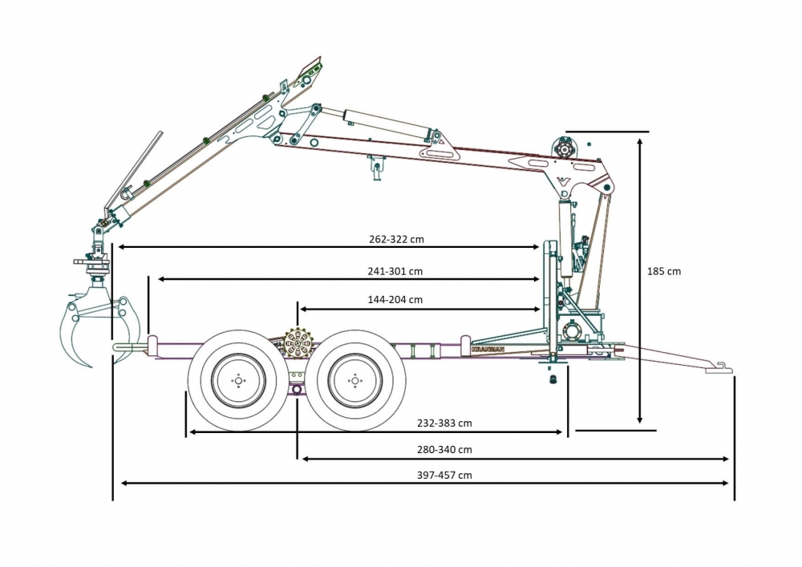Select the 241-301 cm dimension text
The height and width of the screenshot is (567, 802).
(x=395, y=271)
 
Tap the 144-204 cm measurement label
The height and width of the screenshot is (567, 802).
(x=395, y=300)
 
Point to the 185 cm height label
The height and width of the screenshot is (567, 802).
(x=663, y=271)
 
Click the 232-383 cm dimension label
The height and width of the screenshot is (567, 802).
(x=444, y=423)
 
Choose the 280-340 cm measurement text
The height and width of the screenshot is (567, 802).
(x=444, y=449)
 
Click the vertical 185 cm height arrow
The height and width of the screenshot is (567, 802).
(x=639, y=281)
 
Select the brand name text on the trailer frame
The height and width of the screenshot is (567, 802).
(x=488, y=350)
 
